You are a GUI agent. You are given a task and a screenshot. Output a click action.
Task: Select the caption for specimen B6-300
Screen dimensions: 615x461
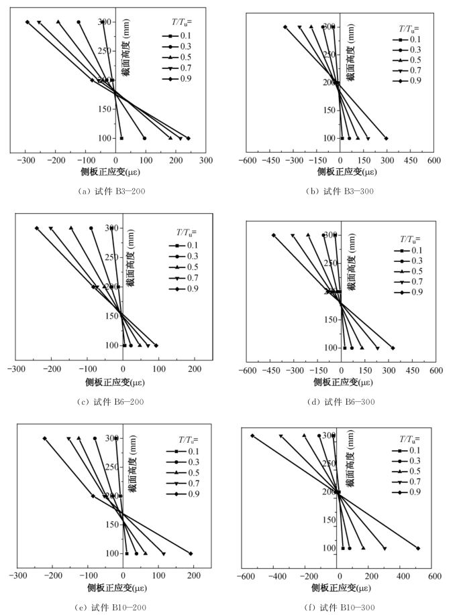coord(342,401)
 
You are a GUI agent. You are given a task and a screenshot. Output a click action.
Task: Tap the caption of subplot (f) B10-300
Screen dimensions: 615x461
coord(340,606)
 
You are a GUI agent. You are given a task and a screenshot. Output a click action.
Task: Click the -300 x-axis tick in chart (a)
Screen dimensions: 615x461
coord(26,161)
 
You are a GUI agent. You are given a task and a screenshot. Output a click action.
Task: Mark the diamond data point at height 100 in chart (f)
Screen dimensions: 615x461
coord(418,548)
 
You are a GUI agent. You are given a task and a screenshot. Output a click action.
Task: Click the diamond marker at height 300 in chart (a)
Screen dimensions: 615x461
coord(28,22)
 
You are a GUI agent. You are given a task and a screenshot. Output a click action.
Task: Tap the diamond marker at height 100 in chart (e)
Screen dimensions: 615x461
coord(191,553)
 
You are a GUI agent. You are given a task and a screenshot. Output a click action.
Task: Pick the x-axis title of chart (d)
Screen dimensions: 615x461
coord(341,383)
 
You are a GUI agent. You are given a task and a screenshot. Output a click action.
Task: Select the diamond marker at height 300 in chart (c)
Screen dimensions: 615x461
coord(37,228)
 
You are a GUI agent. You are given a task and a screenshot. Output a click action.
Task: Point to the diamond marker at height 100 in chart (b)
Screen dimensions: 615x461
coord(387,138)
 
